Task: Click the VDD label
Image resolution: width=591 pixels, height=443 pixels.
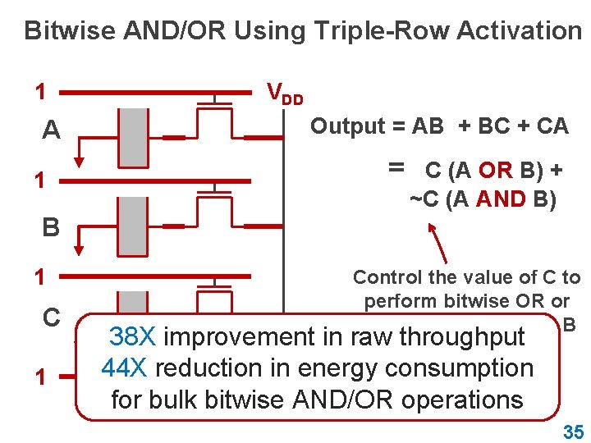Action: click(x=284, y=93)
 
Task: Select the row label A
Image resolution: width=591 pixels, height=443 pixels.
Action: click(x=51, y=130)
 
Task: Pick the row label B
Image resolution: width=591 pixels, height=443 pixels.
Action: click(x=51, y=226)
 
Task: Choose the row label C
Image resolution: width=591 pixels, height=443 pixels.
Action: click(x=51, y=317)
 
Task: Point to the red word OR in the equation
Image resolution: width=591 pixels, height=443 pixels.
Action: click(x=495, y=171)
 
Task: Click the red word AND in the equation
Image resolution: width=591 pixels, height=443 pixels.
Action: click(x=501, y=200)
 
